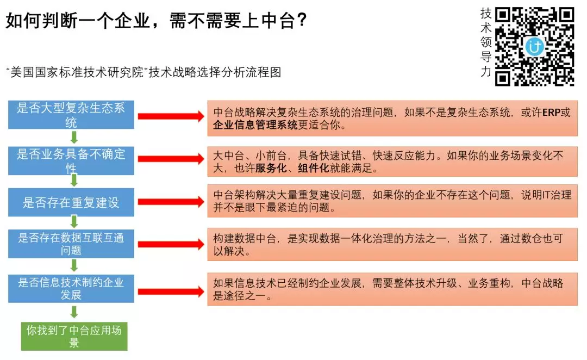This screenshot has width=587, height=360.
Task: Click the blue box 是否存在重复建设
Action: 71,202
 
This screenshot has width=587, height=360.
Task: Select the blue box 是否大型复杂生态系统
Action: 71,114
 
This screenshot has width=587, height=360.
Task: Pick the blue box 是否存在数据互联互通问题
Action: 71,244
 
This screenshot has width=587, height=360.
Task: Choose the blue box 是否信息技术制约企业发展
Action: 71,288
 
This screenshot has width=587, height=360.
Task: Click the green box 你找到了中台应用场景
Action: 74,336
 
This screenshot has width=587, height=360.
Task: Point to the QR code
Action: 535,47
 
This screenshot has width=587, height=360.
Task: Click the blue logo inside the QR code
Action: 535,47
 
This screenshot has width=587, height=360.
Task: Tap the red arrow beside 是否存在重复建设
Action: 170,202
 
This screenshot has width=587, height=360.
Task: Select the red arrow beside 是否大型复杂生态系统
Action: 170,116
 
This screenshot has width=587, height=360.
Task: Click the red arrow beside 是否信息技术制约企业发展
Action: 170,289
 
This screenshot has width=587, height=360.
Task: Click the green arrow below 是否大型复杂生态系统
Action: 74,136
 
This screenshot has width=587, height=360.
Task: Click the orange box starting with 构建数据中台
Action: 392,244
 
